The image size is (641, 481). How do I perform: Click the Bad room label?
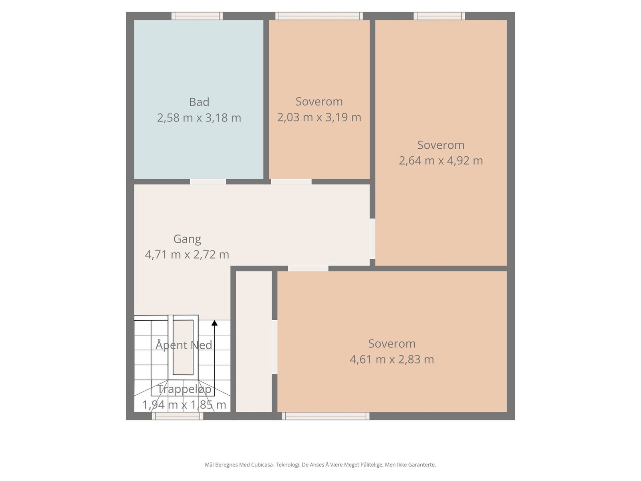[x=199, y=102]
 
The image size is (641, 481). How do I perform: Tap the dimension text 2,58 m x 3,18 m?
[x=199, y=118]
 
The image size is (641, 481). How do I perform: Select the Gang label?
[x=187, y=239]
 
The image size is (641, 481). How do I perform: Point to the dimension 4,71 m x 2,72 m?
[x=187, y=255]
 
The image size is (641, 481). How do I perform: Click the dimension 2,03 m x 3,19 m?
[x=319, y=117]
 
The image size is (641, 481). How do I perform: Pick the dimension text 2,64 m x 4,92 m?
[x=441, y=160]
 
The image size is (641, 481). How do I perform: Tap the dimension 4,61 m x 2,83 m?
[x=391, y=359]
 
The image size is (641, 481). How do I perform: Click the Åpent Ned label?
[x=183, y=345]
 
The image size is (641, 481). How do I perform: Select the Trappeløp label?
[x=184, y=389]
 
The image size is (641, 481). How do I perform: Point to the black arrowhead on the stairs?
[x=214, y=323]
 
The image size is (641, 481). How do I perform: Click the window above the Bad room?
[x=197, y=16]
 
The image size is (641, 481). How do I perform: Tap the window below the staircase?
[x=177, y=416]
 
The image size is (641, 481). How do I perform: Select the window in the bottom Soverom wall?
[x=325, y=416]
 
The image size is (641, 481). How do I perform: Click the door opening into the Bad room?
[x=208, y=182]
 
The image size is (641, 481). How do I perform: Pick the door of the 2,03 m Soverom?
[x=291, y=182]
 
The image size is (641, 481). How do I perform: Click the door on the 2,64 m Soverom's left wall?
[x=372, y=238]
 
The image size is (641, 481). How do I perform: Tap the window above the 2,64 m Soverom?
[x=439, y=16]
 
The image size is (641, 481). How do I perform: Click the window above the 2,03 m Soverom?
[x=319, y=16]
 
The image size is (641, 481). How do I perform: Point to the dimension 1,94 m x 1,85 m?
[x=184, y=404]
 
